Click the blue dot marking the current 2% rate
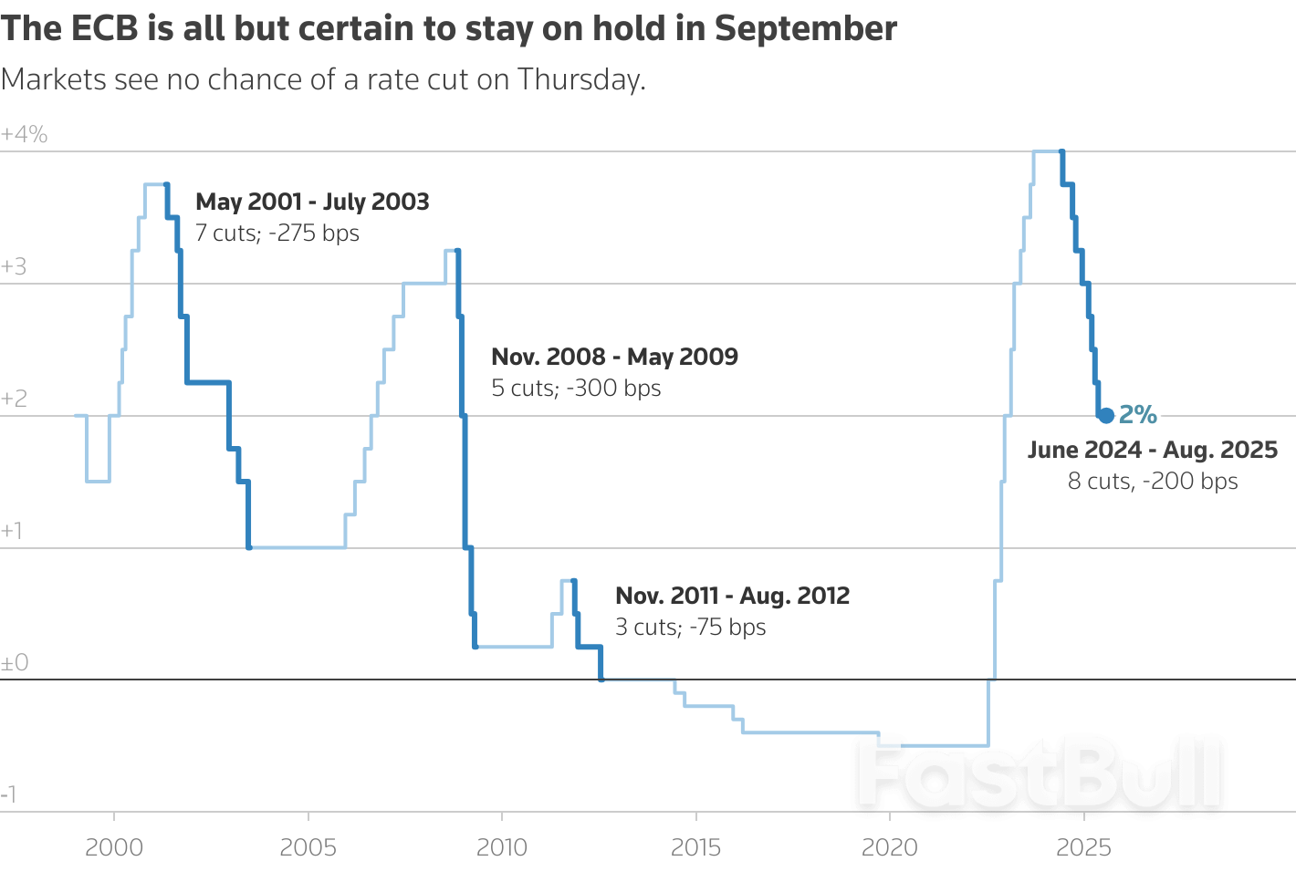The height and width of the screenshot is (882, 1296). pos(1106,416)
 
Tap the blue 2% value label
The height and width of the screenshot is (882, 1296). pos(1138,415)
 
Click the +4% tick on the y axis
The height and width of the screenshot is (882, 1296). pos(25,135)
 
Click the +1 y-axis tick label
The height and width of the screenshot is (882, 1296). pos(13,531)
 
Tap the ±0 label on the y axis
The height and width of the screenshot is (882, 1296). pos(16,663)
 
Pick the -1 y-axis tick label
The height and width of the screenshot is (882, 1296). pos(9,794)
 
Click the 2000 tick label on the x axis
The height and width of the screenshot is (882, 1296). pos(114,847)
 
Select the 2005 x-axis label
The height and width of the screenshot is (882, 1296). pos(308,847)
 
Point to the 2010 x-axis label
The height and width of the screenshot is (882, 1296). pos(502,847)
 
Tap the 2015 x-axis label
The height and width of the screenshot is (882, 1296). pos(695,847)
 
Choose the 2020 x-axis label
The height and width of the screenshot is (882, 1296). pos(890,847)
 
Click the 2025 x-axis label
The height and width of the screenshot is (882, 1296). pos(1083,847)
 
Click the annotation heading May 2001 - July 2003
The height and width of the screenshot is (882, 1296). pos(312,202)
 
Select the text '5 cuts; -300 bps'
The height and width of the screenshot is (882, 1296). pos(576,389)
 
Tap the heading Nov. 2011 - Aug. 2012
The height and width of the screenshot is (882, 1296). pos(732,596)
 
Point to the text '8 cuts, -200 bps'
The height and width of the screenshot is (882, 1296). pos(1153,482)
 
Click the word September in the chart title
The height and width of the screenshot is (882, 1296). pos(806,29)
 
